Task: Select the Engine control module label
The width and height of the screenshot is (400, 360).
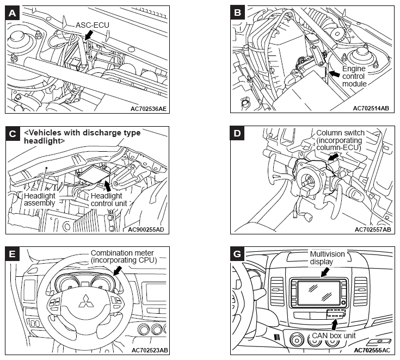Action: click(x=354, y=77)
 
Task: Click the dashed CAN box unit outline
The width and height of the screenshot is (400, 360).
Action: click(x=336, y=314)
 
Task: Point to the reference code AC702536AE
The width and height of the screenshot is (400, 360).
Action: click(x=148, y=108)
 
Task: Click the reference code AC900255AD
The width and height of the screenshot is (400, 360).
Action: click(x=145, y=229)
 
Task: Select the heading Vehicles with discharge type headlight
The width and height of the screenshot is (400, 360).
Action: click(x=82, y=136)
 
